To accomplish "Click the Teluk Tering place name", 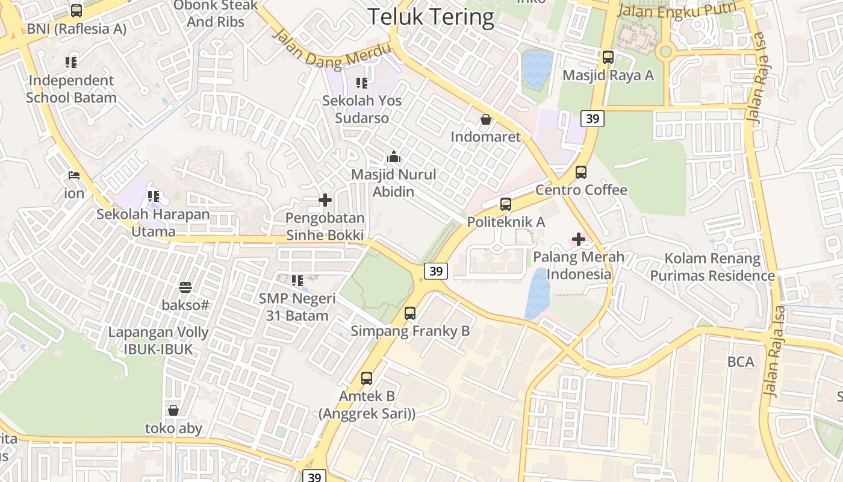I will pos(431,17).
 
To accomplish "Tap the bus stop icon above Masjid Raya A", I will pos(608,57).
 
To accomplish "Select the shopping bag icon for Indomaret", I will pos(485,119).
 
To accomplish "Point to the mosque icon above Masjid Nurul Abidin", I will pos(394,157).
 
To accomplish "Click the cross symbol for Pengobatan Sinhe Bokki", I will pos(325,200).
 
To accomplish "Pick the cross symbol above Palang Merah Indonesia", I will pos(579,239).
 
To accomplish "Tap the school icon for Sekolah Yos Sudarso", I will pos(361,83).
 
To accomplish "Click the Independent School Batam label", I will pos(71,89).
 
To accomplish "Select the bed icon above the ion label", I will pos(74,175).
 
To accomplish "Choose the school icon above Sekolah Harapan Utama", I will pos(154,196).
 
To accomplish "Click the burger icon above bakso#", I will pos(185,287).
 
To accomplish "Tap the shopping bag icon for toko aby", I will pos(173,410).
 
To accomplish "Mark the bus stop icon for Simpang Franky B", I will pos(410,313).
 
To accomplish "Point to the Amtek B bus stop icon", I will pos(367,378).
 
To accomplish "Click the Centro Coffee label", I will pos(581,190).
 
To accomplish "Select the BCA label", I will pos(741,361).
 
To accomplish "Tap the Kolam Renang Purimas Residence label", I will pos(713,267).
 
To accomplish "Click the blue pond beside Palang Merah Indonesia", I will pos(537,294).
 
